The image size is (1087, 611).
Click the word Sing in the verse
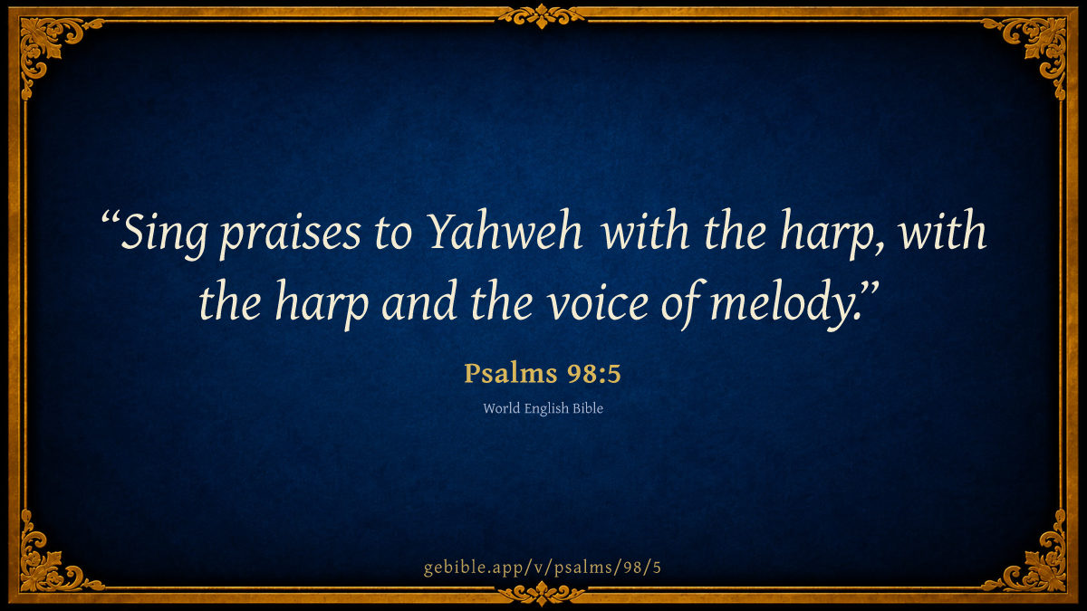pos(164,234)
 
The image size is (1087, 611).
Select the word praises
pos(290,236)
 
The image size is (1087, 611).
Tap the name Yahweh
pos(505,231)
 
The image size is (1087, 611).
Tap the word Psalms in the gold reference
pos(510,374)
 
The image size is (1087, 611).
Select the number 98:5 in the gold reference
pos(594,374)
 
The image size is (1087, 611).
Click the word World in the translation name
pos(502,408)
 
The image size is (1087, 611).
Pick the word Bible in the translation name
pos(588,408)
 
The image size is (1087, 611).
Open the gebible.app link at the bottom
pos(543,568)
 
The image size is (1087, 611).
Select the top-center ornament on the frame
pos(542,16)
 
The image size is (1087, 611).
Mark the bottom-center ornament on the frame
pos(542,594)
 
